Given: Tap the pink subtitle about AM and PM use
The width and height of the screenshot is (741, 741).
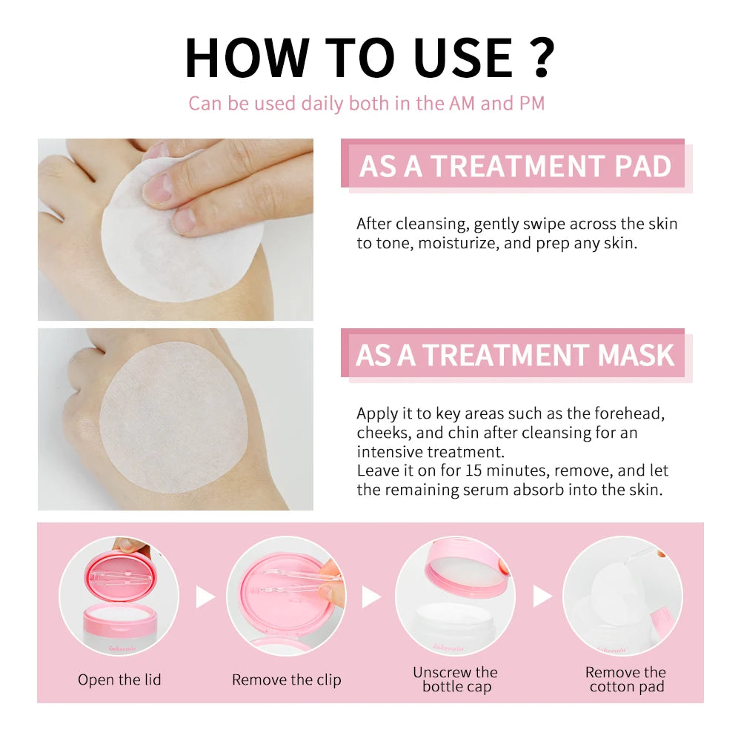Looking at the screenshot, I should [366, 103].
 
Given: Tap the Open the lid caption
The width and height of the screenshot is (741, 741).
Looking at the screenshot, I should [119, 679].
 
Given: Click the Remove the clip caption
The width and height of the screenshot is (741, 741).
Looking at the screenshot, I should [286, 679].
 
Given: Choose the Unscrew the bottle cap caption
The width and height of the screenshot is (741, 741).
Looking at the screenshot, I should [455, 679].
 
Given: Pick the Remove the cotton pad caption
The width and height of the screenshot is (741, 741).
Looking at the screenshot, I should [625, 679].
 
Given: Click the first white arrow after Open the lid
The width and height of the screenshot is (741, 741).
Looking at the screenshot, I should [205, 597].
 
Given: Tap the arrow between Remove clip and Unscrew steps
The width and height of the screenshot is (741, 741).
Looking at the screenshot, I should [371, 597].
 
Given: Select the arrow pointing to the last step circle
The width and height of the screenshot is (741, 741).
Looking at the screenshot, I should [542, 597].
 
